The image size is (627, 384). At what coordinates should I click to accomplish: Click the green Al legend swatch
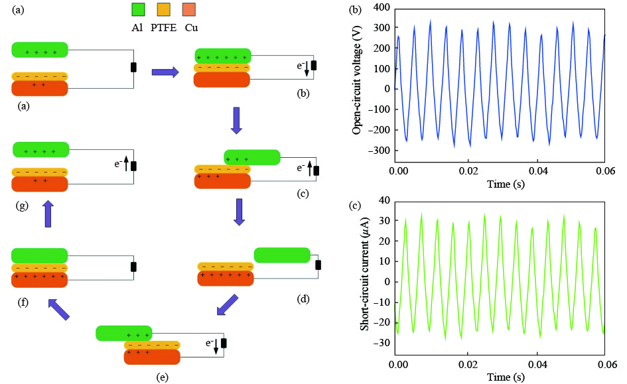click(139, 10)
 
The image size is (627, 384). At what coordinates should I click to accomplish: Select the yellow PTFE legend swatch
click(164, 10)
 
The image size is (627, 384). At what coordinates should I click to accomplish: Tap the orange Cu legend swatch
click(188, 10)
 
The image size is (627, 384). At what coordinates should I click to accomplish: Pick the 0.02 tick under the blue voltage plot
click(468, 170)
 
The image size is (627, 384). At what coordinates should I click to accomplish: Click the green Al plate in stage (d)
click(282, 255)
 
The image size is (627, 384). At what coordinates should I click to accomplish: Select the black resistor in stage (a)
click(133, 66)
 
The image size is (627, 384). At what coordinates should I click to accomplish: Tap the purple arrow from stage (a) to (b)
click(165, 72)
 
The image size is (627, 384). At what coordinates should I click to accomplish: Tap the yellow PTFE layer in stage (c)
click(222, 169)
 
